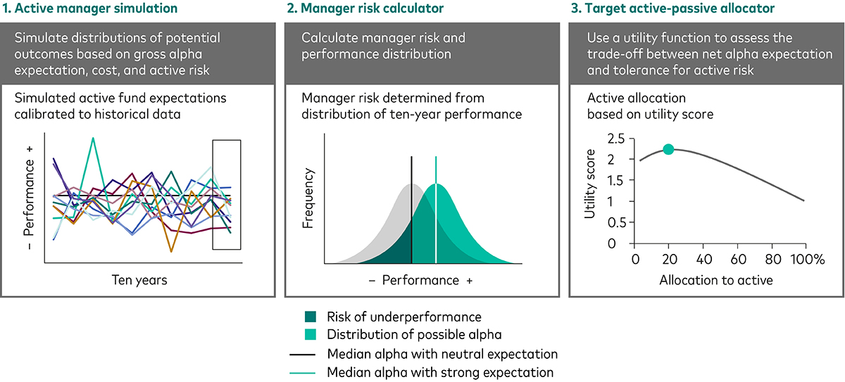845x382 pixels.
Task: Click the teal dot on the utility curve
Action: click(668, 149)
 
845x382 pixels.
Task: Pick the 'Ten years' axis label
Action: click(139, 280)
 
